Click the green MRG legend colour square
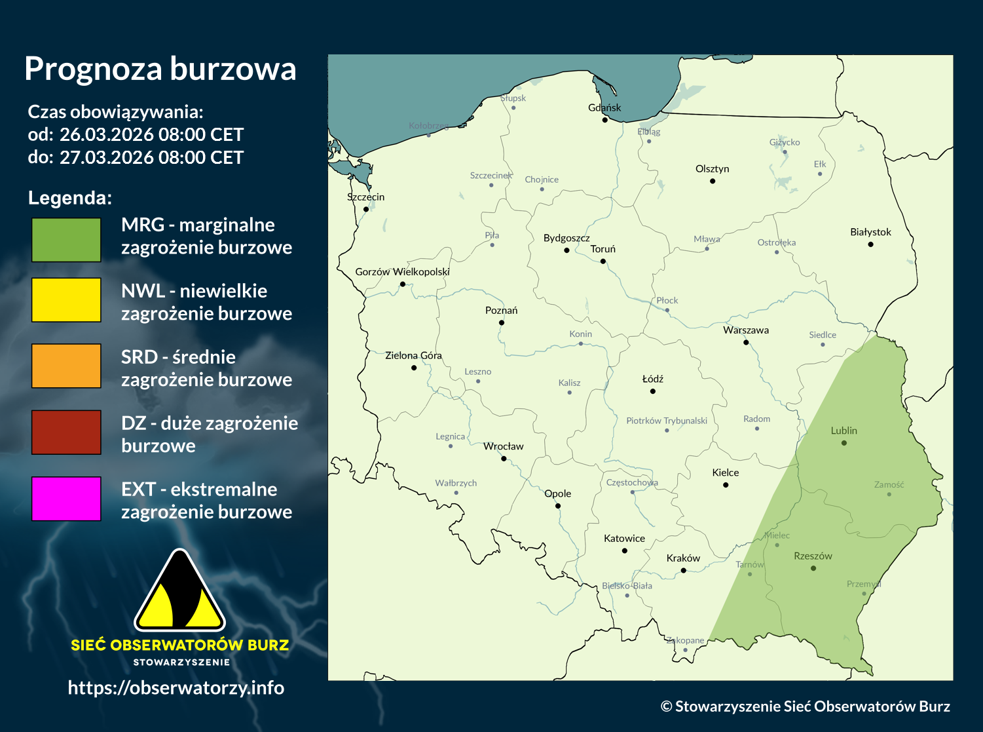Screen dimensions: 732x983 [x=66, y=240]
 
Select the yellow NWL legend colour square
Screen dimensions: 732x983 [x=66, y=299]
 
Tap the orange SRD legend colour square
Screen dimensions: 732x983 [x=66, y=366]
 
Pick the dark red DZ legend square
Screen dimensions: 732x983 [x=66, y=432]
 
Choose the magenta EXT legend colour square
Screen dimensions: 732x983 [x=66, y=499]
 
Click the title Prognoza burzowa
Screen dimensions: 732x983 [x=160, y=69]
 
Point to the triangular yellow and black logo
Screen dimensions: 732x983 [x=179, y=591]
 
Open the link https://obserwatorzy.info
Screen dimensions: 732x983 [x=176, y=687]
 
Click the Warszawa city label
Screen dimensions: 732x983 [x=746, y=330]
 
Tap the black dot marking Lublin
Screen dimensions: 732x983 [x=844, y=443]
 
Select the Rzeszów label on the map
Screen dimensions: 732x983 [x=813, y=556]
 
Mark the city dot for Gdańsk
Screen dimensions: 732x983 [x=605, y=120]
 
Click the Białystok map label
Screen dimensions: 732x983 [x=870, y=232]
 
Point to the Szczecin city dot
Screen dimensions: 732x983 [x=366, y=210]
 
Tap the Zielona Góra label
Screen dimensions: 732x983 [x=413, y=356]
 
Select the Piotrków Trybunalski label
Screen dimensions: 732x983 [x=667, y=421]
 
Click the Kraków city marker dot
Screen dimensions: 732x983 [x=684, y=571]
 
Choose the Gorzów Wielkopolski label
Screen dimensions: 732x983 [x=402, y=272]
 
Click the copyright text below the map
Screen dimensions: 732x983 [x=805, y=706]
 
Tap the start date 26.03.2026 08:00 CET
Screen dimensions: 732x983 [x=151, y=135]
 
